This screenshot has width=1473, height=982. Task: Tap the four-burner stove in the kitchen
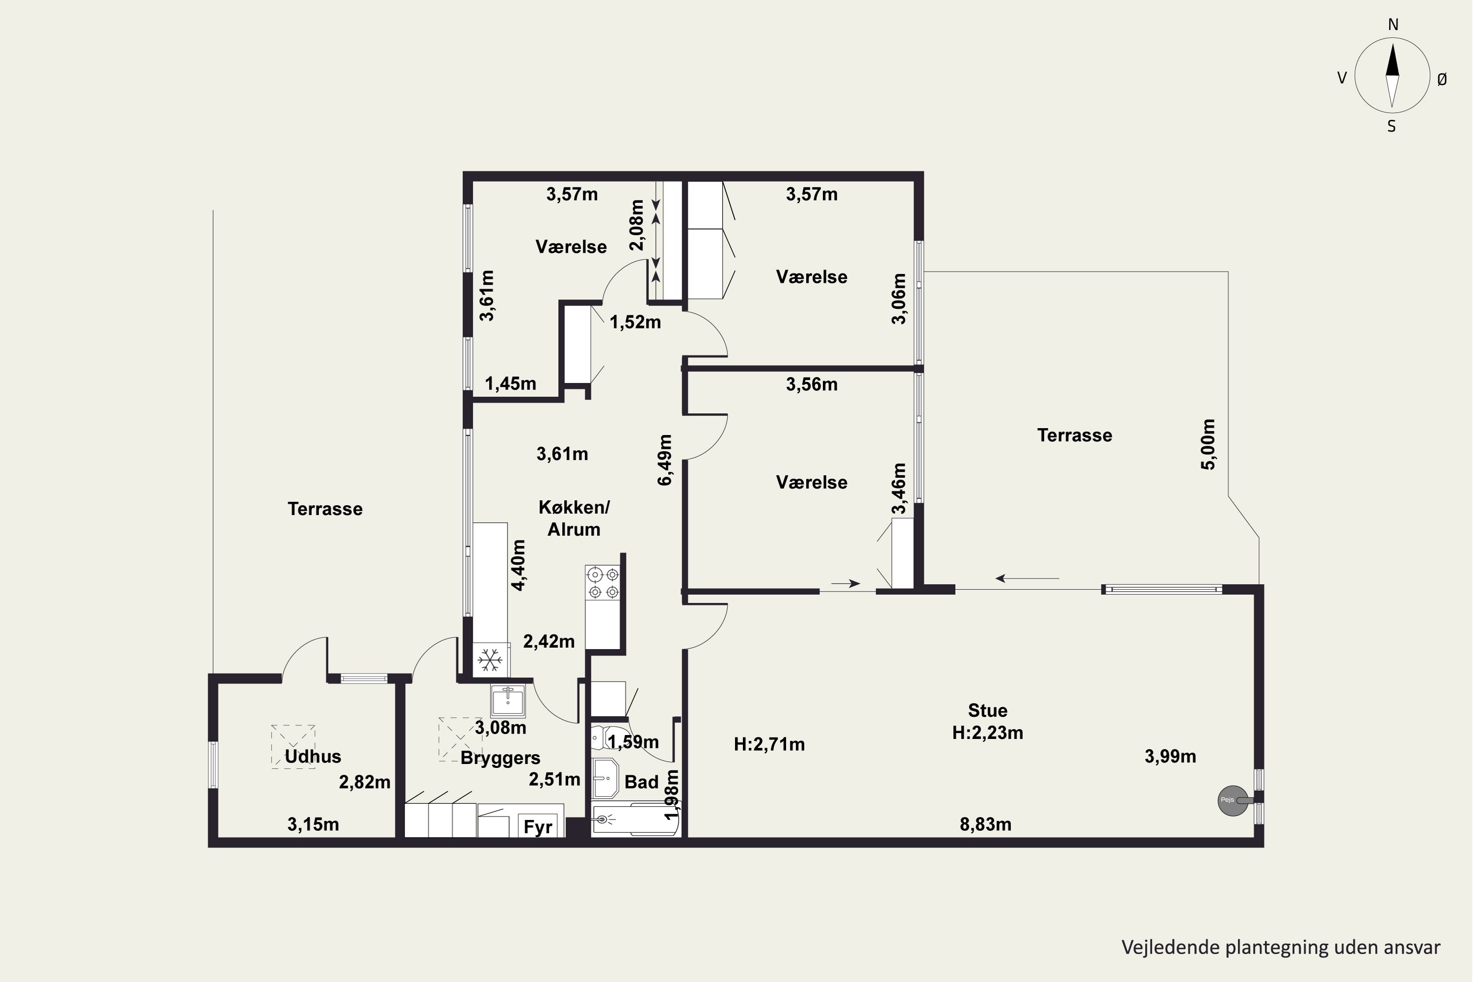click(x=602, y=582)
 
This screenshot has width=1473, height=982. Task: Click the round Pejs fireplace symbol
click(x=1232, y=800)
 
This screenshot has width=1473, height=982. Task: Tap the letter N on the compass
click(x=1393, y=25)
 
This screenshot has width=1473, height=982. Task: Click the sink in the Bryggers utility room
click(x=508, y=700)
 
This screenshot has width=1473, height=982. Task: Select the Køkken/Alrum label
click(x=573, y=518)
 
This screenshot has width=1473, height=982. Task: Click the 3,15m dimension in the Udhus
click(x=313, y=824)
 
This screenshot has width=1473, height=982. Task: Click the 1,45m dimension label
click(x=511, y=383)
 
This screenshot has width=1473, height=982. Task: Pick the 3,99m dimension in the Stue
click(x=1171, y=757)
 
